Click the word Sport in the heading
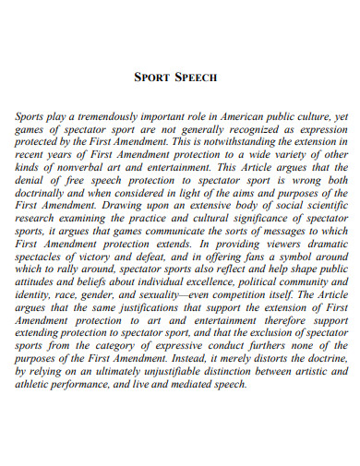(x=153, y=78)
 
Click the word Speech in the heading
(x=196, y=78)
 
